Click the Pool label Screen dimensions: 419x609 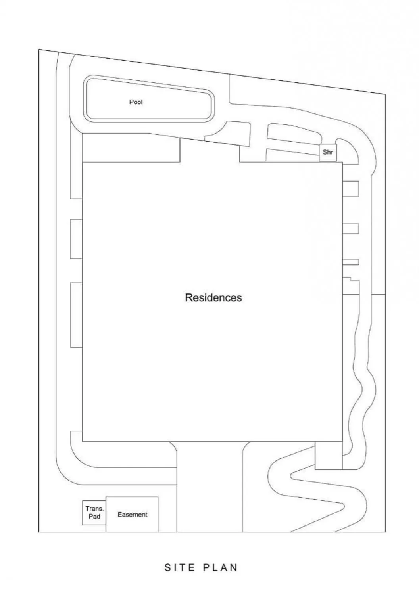tap(136, 102)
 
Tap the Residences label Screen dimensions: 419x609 tap(213, 297)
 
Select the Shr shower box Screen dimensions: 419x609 tap(328, 152)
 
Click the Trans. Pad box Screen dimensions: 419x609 tap(94, 513)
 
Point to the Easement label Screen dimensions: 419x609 tap(133, 514)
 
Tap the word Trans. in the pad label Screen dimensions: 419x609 tap(95, 508)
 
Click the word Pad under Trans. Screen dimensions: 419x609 tap(94, 516)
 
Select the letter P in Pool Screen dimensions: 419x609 tap(131, 102)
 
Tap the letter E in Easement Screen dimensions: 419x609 tap(120, 514)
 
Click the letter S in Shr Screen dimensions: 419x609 tap(325, 152)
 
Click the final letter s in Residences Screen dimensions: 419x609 tap(239, 299)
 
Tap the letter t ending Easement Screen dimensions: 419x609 tap(146, 515)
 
